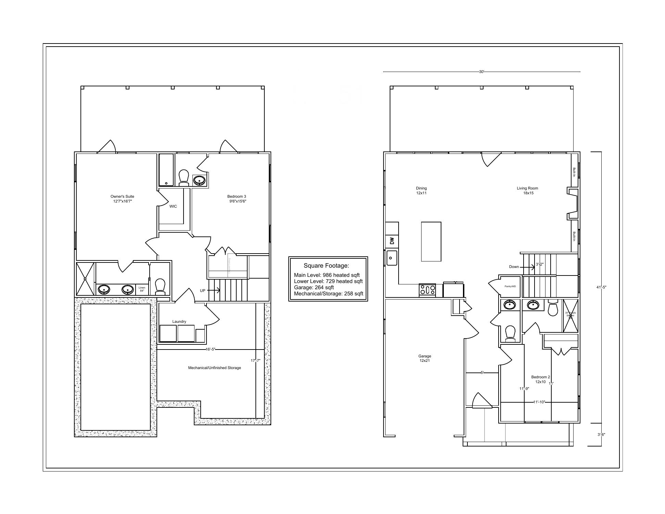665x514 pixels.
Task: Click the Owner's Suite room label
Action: tap(122, 199)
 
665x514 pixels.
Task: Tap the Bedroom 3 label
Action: tap(237, 199)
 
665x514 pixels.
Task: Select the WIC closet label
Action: tap(173, 206)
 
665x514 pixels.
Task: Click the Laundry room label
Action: tap(179, 321)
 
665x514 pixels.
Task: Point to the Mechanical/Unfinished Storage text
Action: tap(214, 368)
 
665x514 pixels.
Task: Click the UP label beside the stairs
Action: tap(203, 291)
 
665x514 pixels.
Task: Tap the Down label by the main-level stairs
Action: tap(514, 267)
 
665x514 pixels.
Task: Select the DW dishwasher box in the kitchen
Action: tap(392, 241)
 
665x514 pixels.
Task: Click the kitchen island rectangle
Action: tap(431, 242)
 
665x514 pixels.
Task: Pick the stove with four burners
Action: tap(427, 290)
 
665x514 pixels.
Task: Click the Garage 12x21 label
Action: tap(425, 358)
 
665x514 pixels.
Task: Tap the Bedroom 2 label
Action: tap(540, 379)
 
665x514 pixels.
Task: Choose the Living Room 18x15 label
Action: tap(527, 191)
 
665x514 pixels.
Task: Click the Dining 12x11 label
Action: tap(421, 191)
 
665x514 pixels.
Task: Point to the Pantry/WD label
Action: tap(510, 286)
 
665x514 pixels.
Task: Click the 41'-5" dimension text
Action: tap(601, 287)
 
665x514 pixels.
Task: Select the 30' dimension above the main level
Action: tap(481, 72)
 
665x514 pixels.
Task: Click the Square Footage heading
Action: tap(326, 266)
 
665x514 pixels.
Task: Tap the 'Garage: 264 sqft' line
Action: tap(314, 287)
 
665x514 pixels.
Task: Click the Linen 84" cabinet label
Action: tap(142, 289)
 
